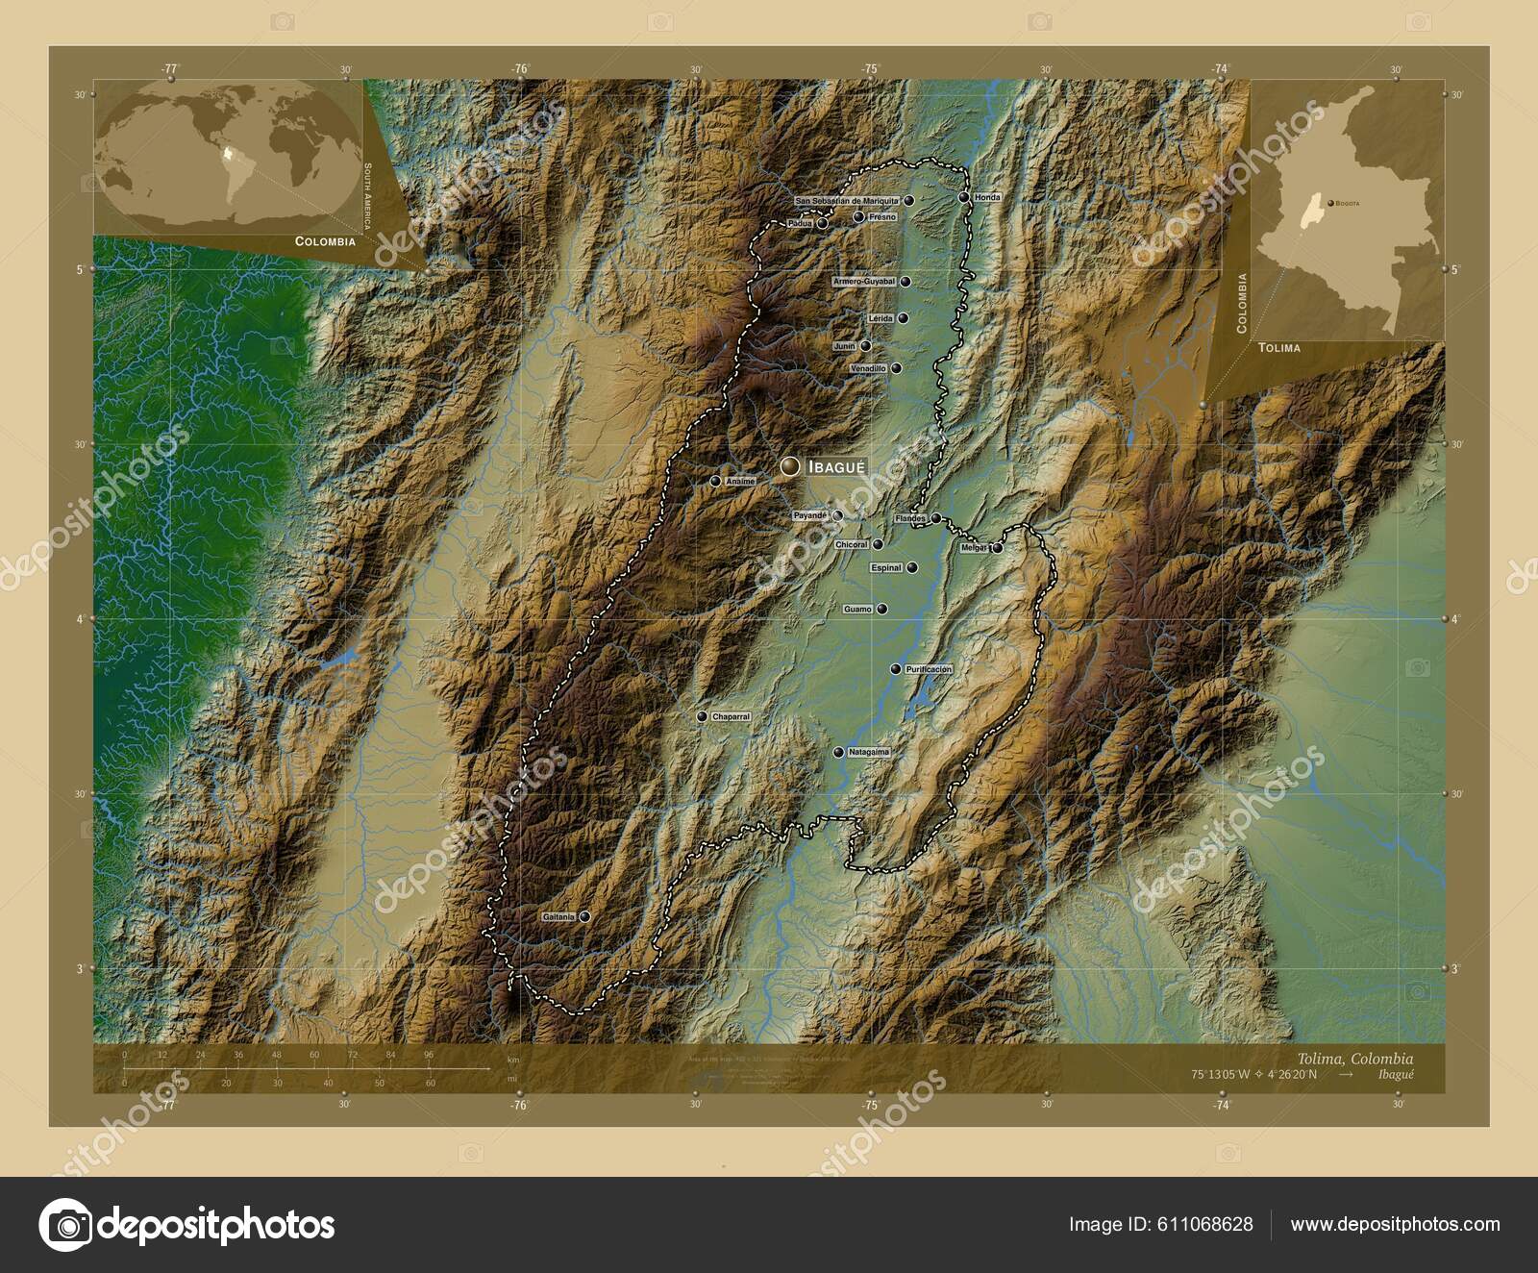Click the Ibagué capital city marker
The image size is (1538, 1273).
point(790,466)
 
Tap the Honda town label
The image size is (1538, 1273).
point(987,197)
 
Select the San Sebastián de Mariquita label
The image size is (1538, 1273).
point(847,201)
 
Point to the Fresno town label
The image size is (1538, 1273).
point(881,217)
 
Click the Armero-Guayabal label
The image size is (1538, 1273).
point(864,282)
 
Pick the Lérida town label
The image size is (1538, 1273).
point(880,318)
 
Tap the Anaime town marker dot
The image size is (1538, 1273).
point(715,481)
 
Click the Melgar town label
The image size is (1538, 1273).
point(974,548)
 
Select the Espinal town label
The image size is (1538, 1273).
point(886,568)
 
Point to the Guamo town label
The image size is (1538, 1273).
point(857,610)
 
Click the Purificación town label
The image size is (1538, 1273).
point(929,669)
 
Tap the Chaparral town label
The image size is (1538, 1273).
point(731,717)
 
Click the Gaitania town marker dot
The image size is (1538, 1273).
point(583,917)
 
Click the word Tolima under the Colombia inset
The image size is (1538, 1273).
point(1278,347)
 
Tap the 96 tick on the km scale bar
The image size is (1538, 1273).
point(429,1055)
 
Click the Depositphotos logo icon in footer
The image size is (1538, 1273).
point(64,1225)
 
